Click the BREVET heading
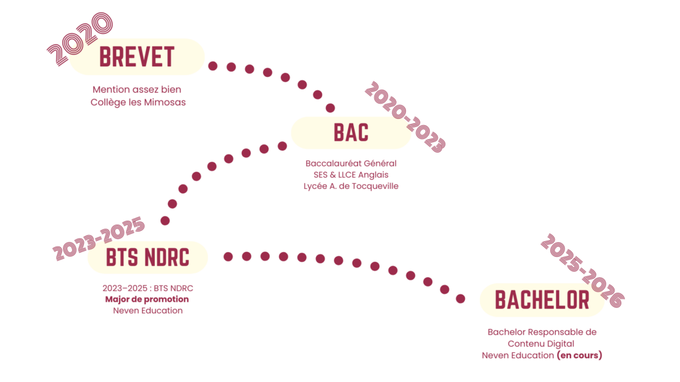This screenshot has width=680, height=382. point(137,57)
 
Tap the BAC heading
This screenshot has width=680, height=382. point(351,133)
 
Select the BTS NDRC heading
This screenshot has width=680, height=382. point(147,257)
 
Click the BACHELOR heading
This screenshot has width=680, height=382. point(542,300)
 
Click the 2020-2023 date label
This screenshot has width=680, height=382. point(405,118)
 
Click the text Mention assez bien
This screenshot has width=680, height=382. point(137,89)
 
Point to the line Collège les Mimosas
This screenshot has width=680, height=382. point(138,102)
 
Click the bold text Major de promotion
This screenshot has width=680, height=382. point(147,299)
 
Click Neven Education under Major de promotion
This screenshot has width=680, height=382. point(147,310)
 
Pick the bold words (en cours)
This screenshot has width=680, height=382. point(579,355)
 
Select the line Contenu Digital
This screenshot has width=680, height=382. point(541,344)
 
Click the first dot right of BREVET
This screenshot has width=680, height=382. point(212,66)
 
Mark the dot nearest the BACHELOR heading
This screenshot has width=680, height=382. point(460,299)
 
